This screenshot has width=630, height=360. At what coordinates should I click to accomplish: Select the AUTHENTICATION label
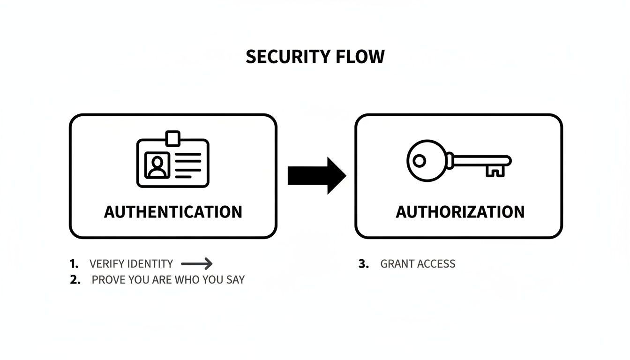[x=173, y=212]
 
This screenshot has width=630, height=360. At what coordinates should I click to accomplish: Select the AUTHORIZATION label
[x=460, y=212]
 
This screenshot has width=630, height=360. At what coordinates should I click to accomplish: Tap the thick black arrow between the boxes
[x=316, y=176]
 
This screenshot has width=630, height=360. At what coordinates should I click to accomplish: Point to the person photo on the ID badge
[x=157, y=165]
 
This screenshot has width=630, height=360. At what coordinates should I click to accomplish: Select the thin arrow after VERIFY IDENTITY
[x=196, y=264]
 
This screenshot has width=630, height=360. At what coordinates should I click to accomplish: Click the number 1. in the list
[x=74, y=264]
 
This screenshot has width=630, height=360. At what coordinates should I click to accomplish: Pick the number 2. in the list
[x=75, y=280]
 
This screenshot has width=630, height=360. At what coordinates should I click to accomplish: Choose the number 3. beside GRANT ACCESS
[x=364, y=264]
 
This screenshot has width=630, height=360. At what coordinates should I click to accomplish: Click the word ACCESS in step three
[x=436, y=264]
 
